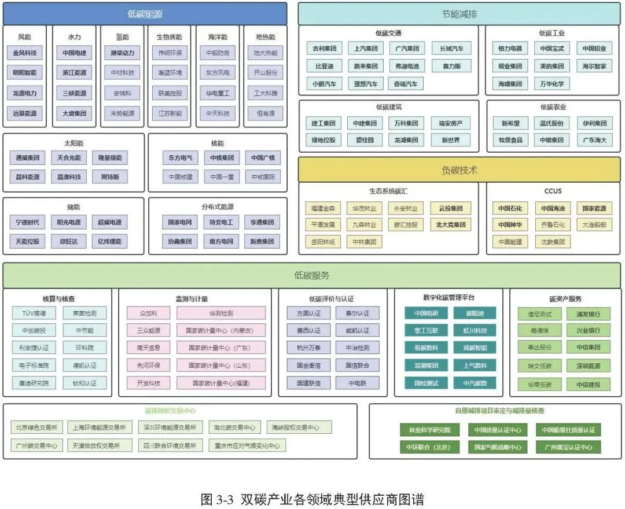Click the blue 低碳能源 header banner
point(145,14)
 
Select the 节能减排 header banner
point(459,14)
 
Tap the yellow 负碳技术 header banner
point(459,170)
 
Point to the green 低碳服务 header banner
point(312,275)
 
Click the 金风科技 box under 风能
point(25,53)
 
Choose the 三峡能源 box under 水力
point(74,93)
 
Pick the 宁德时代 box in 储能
point(28,222)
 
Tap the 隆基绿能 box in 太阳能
point(110,158)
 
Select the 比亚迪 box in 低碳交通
point(325,66)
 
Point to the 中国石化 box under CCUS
point(510,208)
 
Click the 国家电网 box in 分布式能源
point(179,222)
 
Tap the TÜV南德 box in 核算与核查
point(34,313)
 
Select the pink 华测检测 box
point(221,313)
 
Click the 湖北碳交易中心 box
point(233,428)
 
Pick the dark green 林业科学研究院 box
point(429,430)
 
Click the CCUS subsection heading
point(553,191)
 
